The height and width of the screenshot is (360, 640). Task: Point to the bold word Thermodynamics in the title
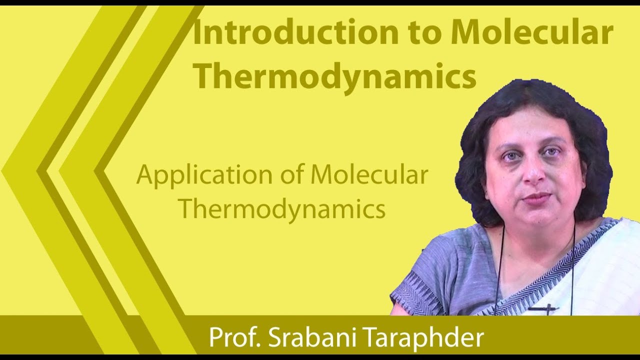click(334, 77)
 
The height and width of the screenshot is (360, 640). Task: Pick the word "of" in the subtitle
click(292, 175)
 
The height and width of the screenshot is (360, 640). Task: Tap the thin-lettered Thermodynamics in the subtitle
click(282, 209)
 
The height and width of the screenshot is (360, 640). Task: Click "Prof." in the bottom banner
click(234, 337)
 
